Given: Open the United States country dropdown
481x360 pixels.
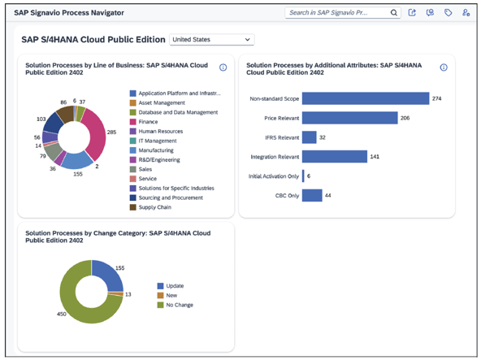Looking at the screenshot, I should (x=211, y=39).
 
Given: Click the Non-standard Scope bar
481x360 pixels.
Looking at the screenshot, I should (x=365, y=98).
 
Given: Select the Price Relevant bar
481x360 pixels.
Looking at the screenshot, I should (x=349, y=118).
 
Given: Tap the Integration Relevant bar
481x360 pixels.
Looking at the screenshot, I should (x=333, y=156).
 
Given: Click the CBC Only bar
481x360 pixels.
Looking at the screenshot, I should (x=311, y=195).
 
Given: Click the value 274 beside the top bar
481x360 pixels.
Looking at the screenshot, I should (x=437, y=98).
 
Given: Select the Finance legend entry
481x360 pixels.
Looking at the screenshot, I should (x=148, y=122).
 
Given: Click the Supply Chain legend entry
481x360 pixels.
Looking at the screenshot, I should (x=154, y=207).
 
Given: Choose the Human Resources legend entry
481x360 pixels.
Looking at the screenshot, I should (x=160, y=131).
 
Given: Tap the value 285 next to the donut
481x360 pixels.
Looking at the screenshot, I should (x=112, y=132).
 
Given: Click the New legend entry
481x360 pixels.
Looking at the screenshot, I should (x=171, y=295).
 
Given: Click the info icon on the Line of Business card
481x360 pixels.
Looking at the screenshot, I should (x=223, y=67).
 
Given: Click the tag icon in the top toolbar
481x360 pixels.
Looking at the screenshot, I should (x=448, y=13).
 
